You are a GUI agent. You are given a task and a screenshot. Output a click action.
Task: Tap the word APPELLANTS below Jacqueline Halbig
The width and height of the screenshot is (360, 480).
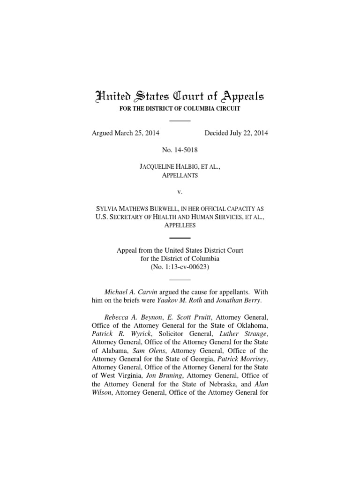[x=180, y=175]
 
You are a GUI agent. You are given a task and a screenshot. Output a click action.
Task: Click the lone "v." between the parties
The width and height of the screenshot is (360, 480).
[x=180, y=193]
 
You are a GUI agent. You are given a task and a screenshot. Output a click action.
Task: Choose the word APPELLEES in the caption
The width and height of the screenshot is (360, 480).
[x=180, y=225]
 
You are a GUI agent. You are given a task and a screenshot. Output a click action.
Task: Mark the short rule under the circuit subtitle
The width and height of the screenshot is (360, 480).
[x=180, y=121]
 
